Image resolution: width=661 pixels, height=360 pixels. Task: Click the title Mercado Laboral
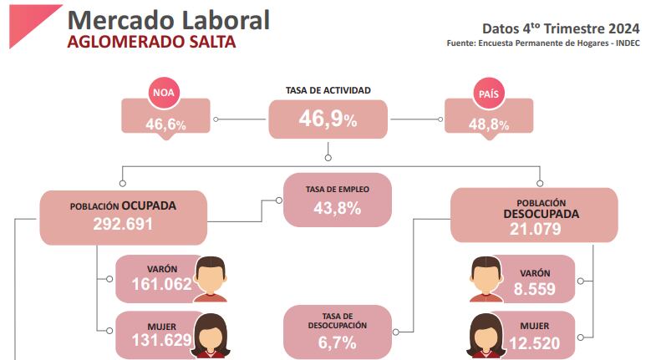coord(167,20)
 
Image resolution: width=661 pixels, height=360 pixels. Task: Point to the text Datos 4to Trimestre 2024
coord(562,28)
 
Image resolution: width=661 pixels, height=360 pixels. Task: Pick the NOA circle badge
coord(165,93)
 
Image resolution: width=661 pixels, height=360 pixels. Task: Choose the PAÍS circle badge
coord(489,93)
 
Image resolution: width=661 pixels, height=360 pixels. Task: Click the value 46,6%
coord(165,124)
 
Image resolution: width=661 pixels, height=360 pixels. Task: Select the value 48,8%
coord(489,124)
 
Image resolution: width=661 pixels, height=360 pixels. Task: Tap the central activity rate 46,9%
coord(328,120)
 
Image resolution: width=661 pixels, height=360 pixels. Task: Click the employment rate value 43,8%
coord(337,209)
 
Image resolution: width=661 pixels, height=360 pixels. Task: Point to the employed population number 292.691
coord(124,224)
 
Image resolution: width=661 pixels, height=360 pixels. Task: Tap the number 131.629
coord(162,340)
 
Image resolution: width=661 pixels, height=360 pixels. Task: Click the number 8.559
coord(534,288)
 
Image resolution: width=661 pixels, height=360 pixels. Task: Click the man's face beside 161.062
coord(211,275)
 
